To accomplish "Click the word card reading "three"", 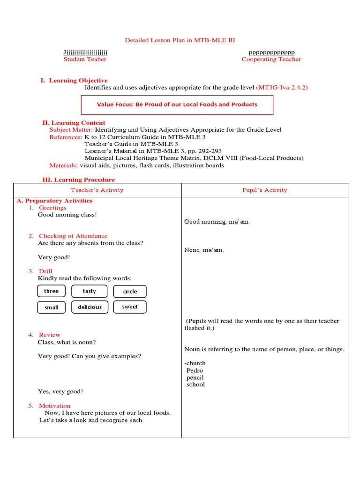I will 51,291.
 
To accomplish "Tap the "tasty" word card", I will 89,291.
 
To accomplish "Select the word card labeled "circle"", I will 130,292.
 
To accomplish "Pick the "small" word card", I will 51,307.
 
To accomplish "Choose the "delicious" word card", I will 90,307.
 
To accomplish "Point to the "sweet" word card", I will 130,307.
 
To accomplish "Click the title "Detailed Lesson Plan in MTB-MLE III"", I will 180,40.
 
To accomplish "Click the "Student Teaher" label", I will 85,59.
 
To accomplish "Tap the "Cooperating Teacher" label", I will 271,59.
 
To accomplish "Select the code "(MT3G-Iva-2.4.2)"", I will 282,88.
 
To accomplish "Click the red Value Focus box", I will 177,105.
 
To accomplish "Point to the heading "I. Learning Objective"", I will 74,81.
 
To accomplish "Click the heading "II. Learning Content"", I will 74,123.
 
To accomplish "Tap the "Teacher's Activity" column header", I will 97,190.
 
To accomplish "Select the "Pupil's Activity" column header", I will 265,190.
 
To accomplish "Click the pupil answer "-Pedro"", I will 194,370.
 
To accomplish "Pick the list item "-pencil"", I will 194,377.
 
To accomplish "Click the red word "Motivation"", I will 54,405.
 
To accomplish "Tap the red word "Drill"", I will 45,271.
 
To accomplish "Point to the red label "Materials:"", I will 64,165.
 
